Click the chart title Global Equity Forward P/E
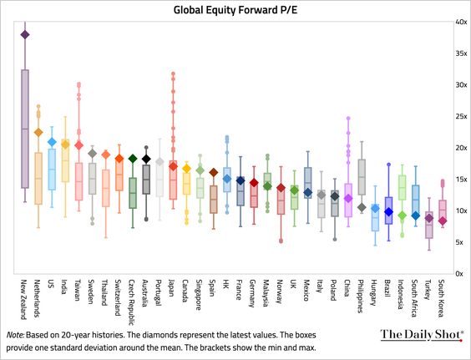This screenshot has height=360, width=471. click(x=235, y=10)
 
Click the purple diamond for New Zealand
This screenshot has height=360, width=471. click(x=25, y=34)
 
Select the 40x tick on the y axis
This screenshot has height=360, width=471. click(x=460, y=22)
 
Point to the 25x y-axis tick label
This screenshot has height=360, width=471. click(x=460, y=116)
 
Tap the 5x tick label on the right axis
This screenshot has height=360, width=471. click(x=460, y=242)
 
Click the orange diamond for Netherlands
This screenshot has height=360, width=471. click(x=38, y=132)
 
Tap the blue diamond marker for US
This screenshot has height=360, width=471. click(x=52, y=142)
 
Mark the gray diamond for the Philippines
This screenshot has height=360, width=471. click(x=362, y=207)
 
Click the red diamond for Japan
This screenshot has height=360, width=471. click(x=173, y=167)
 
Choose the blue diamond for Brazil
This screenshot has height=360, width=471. click(x=388, y=212)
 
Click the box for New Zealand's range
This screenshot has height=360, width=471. click(x=25, y=129)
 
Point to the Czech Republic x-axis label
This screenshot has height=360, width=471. click(x=133, y=302)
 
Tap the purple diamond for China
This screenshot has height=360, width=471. click(x=348, y=199)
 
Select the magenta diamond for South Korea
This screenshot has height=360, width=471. click(x=443, y=221)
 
